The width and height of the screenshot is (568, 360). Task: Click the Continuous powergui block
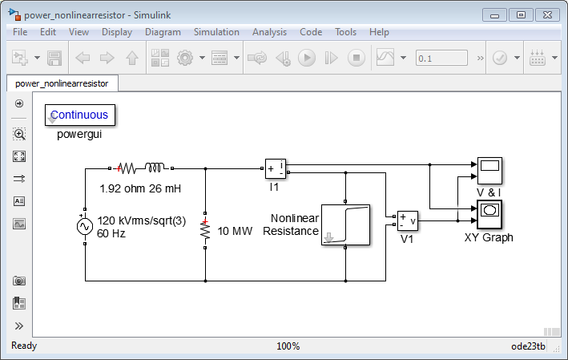[x=80, y=115]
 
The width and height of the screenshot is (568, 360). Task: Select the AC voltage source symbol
[x=85, y=226]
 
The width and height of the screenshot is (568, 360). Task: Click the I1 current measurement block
[x=275, y=169]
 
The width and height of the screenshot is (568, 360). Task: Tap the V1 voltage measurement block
[x=407, y=220]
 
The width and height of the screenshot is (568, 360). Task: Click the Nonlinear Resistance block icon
[x=345, y=224]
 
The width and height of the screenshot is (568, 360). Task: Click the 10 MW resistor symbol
[x=206, y=232]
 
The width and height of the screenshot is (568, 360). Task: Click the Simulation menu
[x=216, y=32]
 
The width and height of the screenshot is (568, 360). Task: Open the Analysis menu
[x=269, y=32]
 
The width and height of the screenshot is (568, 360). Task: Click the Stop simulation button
[x=357, y=58]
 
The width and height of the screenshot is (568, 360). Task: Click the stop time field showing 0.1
[x=441, y=58]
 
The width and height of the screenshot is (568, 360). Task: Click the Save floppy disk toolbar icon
[x=54, y=58]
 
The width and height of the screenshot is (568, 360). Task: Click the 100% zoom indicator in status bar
[x=288, y=346]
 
